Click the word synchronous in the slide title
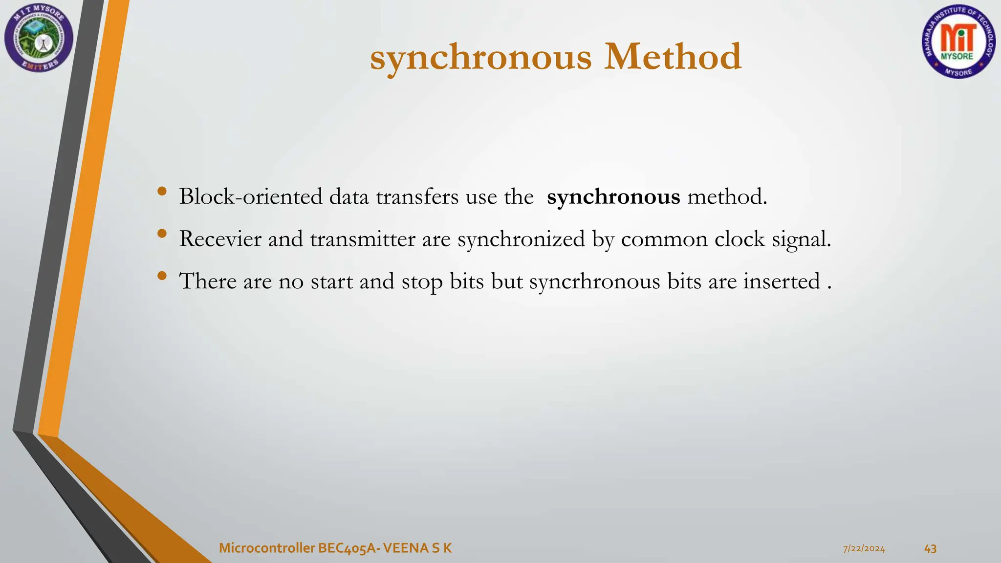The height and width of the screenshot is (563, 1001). tap(481, 58)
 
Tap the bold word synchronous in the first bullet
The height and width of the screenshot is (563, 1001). tap(613, 197)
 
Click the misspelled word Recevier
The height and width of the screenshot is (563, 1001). tap(220, 239)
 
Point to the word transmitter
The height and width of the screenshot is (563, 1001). tap(362, 239)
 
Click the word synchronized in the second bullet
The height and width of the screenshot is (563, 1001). tap(521, 239)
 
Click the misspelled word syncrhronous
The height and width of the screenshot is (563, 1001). tap(594, 282)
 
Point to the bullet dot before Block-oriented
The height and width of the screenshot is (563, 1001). tap(162, 192)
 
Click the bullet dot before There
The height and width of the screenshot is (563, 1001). tap(162, 277)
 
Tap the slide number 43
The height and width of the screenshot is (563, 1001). tap(930, 549)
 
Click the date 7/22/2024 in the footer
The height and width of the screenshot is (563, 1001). tap(864, 549)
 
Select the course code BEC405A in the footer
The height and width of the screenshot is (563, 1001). tap(348, 548)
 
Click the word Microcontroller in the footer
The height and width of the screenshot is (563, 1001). tap(267, 548)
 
